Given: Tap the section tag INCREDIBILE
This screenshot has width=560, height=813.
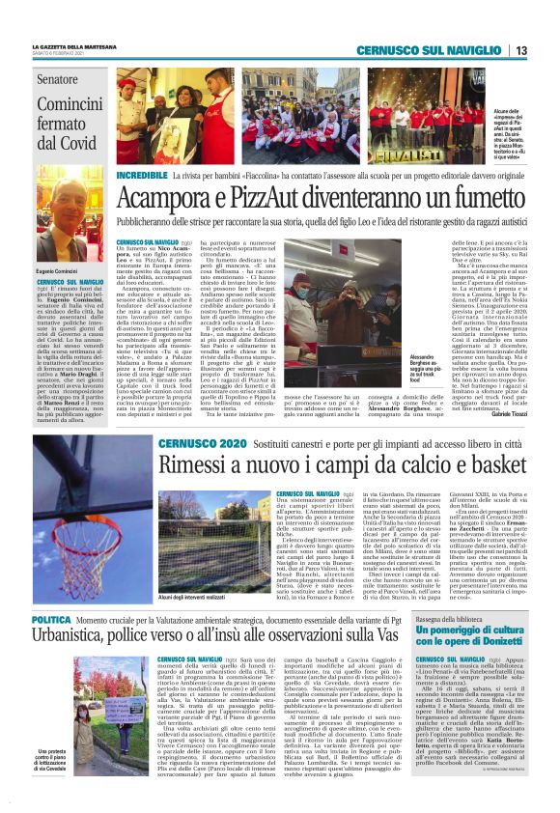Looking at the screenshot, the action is coord(142,176).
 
